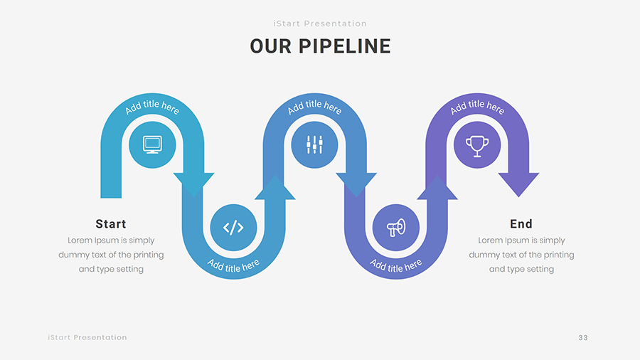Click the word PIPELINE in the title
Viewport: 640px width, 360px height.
pyautogui.click(x=344, y=47)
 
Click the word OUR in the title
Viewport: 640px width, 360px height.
pyautogui.click(x=270, y=47)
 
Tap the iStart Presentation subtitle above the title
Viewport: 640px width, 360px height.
pyautogui.click(x=320, y=23)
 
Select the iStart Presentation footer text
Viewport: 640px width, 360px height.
pyautogui.click(x=87, y=337)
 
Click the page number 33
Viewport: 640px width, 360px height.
pyautogui.click(x=583, y=337)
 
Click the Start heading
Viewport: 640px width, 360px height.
pyautogui.click(x=111, y=224)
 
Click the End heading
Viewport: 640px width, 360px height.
pyautogui.click(x=521, y=224)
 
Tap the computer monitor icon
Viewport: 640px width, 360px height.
pyautogui.click(x=152, y=144)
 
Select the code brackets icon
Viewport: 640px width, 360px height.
pyautogui.click(x=233, y=228)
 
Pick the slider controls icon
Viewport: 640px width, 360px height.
pyautogui.click(x=314, y=145)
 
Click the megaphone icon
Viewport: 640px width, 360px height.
pyautogui.click(x=395, y=228)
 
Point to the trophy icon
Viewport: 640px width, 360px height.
pyautogui.click(x=477, y=145)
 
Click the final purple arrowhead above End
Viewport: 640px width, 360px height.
pyautogui.click(x=518, y=184)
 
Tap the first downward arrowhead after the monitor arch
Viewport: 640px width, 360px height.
pyautogui.click(x=193, y=184)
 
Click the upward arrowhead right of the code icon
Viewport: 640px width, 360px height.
pyautogui.click(x=274, y=186)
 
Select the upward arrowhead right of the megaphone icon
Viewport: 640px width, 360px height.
pyautogui.click(x=437, y=186)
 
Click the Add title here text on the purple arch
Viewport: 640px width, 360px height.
pyautogui.click(x=477, y=107)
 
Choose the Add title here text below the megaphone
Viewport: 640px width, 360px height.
pyautogui.click(x=396, y=265)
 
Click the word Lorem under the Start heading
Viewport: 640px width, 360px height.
pyautogui.click(x=80, y=240)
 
